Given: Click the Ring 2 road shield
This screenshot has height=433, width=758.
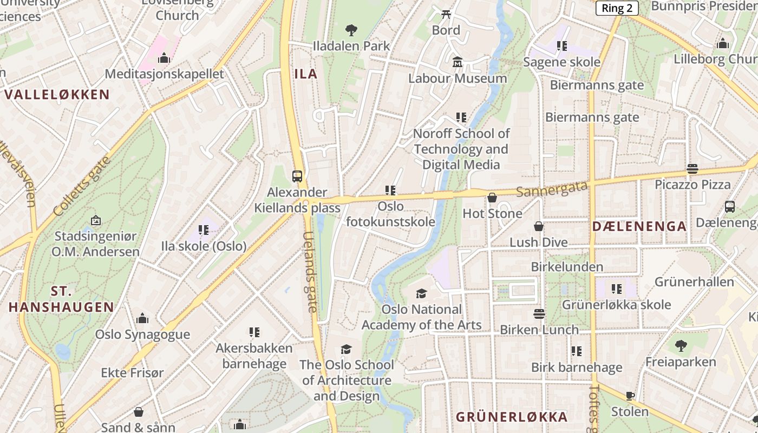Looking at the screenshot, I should (x=617, y=8).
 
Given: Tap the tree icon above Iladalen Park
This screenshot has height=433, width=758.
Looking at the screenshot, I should (x=351, y=30).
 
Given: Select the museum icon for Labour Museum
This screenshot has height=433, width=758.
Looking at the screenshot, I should (x=458, y=62).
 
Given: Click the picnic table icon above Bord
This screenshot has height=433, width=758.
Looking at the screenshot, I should (x=446, y=14).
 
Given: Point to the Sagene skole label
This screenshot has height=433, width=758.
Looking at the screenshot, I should (x=561, y=62).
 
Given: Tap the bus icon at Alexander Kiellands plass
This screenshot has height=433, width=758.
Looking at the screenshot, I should (x=297, y=176).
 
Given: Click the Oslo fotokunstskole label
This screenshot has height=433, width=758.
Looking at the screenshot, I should (x=390, y=214).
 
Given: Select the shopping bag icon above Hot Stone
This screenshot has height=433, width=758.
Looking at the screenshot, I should (x=492, y=198).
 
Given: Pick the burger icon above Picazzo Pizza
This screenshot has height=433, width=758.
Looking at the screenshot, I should (x=692, y=169).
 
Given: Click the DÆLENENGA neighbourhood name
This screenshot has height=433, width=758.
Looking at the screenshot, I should (x=639, y=226).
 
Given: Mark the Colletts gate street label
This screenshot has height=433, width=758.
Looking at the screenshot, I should (x=82, y=186).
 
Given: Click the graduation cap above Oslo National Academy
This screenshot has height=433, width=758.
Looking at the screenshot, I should (x=421, y=293).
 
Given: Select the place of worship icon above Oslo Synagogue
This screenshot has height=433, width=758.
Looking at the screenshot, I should (x=142, y=318).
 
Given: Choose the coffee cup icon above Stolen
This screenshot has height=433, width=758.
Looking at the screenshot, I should (x=630, y=396).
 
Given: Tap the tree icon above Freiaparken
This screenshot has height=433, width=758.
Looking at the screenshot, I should (x=681, y=346).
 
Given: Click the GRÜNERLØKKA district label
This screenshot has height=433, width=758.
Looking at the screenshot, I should (x=511, y=417).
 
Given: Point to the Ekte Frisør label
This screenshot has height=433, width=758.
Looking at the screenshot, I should (x=132, y=373).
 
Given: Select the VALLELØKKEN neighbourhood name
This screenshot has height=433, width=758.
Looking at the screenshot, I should (x=57, y=94).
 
